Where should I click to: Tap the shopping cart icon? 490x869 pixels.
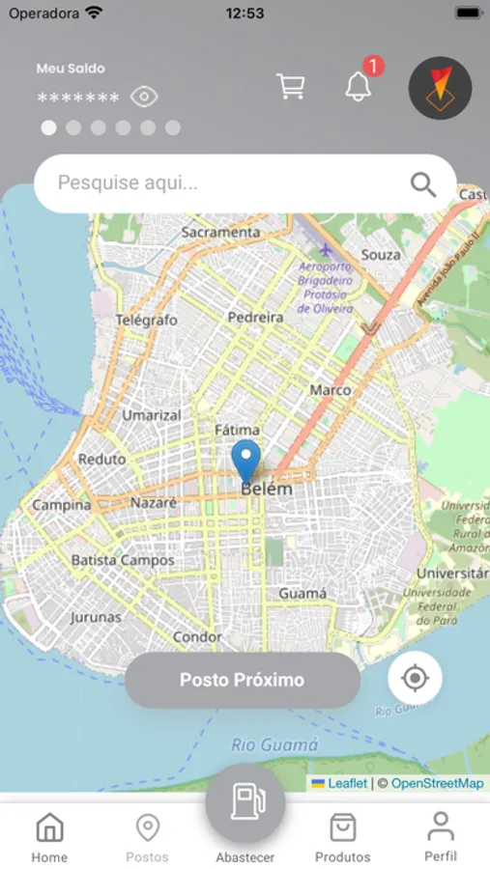click(x=291, y=87)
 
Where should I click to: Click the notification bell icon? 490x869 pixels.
click(x=359, y=87)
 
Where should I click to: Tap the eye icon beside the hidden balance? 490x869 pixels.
click(x=145, y=97)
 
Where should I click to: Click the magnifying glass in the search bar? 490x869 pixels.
click(x=423, y=183)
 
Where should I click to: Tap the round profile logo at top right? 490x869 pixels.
click(x=440, y=88)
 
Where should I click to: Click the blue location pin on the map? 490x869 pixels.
click(x=246, y=461)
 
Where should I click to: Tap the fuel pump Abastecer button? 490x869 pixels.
click(x=245, y=803)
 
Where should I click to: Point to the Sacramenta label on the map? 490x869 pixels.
click(x=220, y=233)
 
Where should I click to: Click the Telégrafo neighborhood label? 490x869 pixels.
click(x=147, y=320)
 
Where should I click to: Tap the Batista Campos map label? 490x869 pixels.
click(x=123, y=560)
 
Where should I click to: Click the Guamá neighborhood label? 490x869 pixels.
click(x=303, y=593)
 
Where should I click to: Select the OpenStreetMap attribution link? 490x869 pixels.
click(x=437, y=783)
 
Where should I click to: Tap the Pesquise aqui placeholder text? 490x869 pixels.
click(x=128, y=182)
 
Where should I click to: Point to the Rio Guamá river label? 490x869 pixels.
click(x=274, y=744)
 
